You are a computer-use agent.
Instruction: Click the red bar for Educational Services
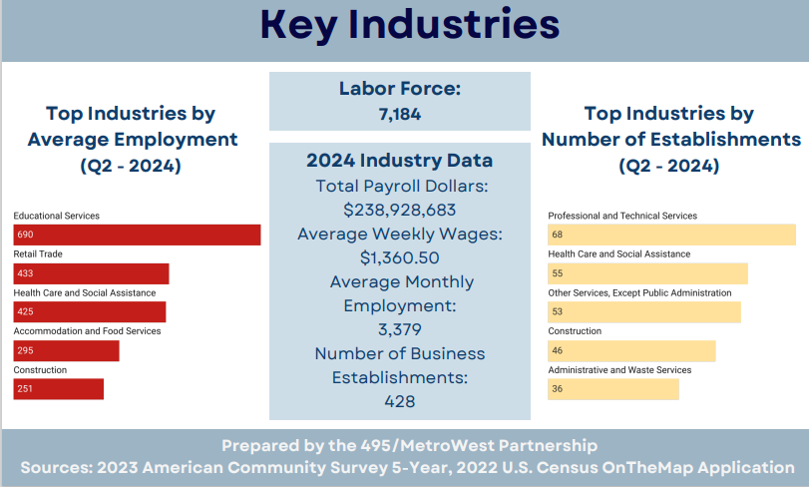(137, 235)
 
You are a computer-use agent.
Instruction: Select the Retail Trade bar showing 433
(91, 273)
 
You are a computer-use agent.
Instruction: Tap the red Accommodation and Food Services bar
(66, 350)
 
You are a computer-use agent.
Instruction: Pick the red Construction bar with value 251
(58, 389)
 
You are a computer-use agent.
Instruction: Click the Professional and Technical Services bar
(671, 235)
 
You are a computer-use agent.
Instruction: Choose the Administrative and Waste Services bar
(612, 389)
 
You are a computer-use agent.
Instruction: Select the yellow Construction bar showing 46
(631, 350)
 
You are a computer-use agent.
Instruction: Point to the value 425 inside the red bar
(25, 312)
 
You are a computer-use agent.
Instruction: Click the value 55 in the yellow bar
(558, 273)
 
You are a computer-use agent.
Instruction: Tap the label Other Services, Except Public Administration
(639, 292)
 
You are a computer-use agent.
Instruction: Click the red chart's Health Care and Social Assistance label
(85, 292)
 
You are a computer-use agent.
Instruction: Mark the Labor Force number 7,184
(399, 115)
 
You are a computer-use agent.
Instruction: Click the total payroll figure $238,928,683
(399, 210)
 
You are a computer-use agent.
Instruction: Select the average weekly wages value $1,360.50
(399, 257)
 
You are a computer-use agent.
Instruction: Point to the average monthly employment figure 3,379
(399, 329)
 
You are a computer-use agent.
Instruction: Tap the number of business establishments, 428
(399, 401)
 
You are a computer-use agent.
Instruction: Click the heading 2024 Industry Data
(399, 161)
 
